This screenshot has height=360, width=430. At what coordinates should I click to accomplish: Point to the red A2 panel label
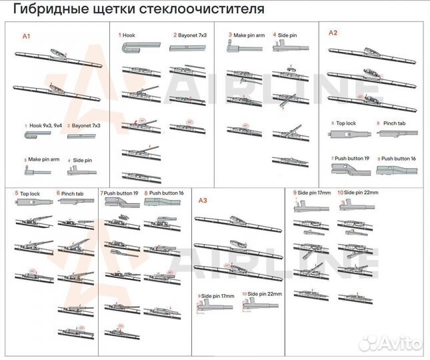(x=333, y=32)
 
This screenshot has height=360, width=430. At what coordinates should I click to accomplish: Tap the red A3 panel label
(x=204, y=200)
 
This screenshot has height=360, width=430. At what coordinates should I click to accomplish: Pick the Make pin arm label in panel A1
(x=44, y=160)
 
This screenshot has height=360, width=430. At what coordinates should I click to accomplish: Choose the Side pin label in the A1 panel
(x=83, y=160)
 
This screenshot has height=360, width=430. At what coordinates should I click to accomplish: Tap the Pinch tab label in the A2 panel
(x=393, y=123)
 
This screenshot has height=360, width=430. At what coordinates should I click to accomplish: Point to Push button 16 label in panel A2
(x=398, y=158)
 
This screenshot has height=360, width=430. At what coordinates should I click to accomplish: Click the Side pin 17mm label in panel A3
(x=218, y=294)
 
